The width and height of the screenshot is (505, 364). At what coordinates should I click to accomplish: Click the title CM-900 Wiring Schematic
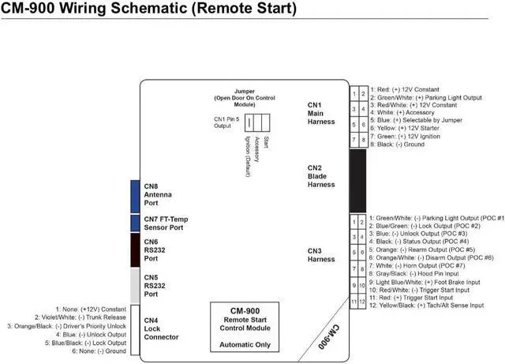click(149, 9)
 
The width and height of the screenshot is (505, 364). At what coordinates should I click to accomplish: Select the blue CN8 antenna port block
click(135, 195)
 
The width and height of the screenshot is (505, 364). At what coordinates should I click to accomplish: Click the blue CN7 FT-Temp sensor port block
click(135, 223)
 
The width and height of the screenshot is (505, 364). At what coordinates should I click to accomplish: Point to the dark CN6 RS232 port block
click(135, 250)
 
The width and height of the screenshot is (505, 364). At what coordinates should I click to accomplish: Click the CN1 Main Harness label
click(321, 113)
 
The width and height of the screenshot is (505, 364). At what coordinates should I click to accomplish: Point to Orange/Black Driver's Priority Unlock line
click(67, 325)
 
